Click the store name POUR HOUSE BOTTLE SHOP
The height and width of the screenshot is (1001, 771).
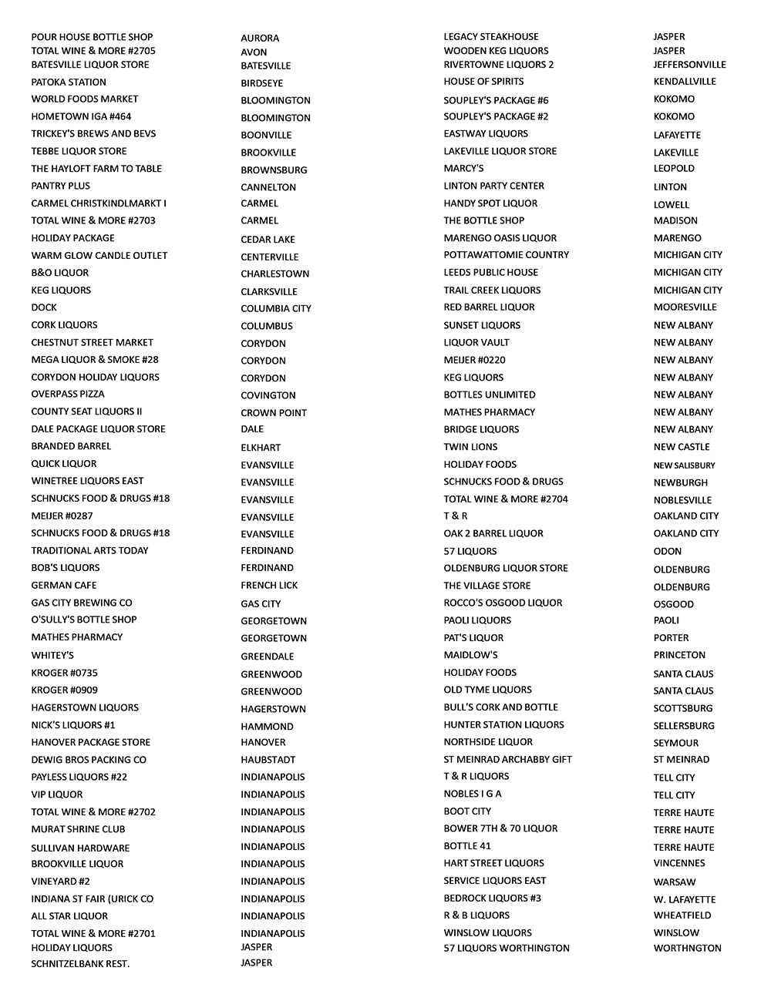92,37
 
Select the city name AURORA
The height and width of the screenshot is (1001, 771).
260,38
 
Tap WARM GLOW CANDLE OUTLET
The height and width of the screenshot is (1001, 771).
99,255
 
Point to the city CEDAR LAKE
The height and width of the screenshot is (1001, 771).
268,240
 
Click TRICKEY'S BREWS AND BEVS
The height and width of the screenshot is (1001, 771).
93,133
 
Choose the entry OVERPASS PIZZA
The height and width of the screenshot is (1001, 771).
68,394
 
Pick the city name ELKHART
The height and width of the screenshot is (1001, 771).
261,448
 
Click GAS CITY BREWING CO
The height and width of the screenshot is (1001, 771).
82,603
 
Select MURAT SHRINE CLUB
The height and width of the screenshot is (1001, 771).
78,829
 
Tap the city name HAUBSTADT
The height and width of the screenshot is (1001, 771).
268,760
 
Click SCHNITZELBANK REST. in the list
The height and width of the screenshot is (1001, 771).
80,964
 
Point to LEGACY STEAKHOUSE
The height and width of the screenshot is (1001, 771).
491,36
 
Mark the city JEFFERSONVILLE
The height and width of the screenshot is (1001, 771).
689,65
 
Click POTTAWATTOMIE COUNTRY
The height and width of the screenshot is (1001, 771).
506,254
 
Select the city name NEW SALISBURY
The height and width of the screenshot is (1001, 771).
684,465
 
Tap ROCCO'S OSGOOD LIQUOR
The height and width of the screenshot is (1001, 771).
503,603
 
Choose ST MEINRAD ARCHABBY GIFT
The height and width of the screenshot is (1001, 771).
507,759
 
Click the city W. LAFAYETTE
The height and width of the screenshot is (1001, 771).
684,899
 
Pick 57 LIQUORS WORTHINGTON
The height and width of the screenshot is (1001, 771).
507,948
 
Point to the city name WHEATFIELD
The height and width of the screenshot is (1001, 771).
682,915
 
